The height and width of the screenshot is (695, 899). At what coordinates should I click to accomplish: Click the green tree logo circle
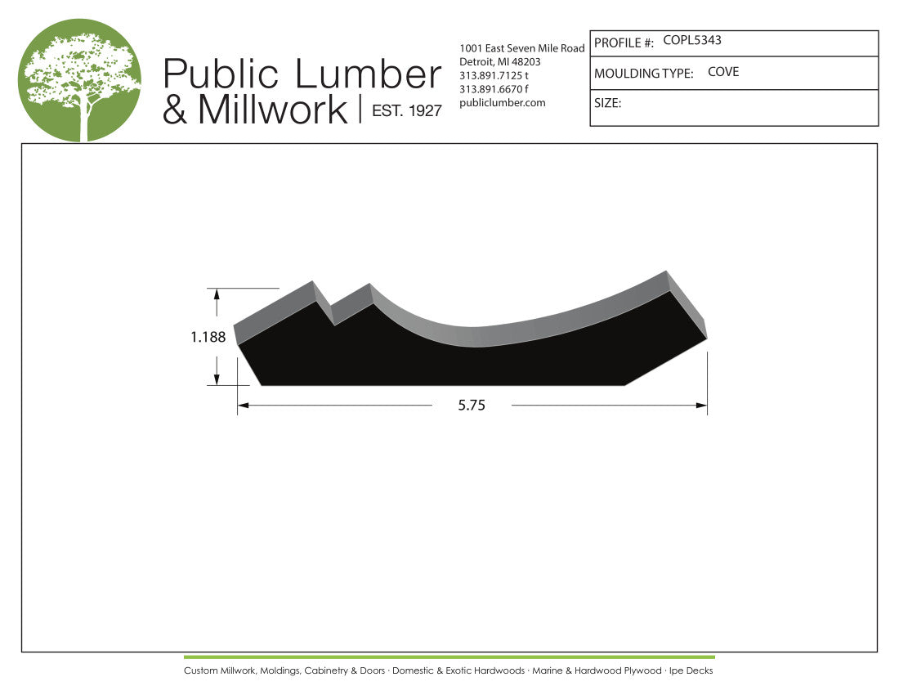point(79,80)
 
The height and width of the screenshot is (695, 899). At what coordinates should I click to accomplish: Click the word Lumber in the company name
point(368,74)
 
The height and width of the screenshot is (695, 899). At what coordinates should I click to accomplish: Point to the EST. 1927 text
point(406,110)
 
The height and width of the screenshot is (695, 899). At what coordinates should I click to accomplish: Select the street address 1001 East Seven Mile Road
point(521,48)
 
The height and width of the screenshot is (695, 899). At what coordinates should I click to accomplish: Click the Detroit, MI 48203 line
point(500,62)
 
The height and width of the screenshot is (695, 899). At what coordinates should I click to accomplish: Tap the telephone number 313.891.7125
point(490,76)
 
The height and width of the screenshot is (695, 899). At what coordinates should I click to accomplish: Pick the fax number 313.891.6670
point(490,89)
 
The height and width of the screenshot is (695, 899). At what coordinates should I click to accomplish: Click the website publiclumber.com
point(503,103)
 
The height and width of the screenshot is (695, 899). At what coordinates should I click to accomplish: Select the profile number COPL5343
point(692,40)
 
